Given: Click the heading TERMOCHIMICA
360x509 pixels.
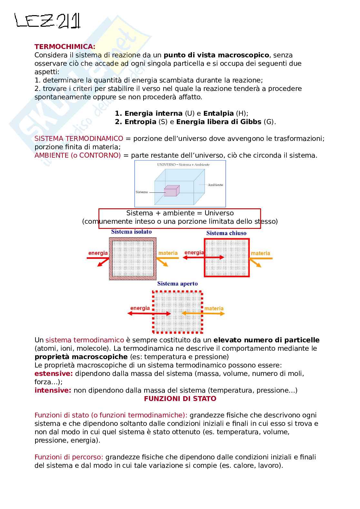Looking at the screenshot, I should coord(65,46).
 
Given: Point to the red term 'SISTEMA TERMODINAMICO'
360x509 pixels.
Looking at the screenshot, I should coord(79,139).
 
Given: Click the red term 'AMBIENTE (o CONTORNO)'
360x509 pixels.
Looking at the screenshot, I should coord(77,155).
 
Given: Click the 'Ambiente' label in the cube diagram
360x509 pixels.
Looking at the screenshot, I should coord(215,185).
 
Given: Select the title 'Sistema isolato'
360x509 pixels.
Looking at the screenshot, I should coord(131,232).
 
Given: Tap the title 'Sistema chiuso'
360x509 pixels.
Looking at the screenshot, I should coord(226,233).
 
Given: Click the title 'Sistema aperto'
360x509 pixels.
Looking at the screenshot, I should coord(177,284).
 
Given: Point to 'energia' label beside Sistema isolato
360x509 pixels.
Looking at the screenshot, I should coord(98,253).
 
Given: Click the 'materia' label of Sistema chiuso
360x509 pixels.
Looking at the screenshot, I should coord(260,253).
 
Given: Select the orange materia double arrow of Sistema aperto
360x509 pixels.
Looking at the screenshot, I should coord(203,313).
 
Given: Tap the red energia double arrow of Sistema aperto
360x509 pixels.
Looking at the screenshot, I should coord(149,313).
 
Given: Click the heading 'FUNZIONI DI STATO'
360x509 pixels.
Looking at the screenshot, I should coord(180,399).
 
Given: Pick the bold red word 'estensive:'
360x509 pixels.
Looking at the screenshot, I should coord(54,374).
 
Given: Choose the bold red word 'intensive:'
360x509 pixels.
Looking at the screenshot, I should coord(53,390).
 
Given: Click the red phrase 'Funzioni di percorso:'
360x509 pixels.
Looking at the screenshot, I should coord(69,457).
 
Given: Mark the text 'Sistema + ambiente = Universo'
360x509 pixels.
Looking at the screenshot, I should coord(180,213).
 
